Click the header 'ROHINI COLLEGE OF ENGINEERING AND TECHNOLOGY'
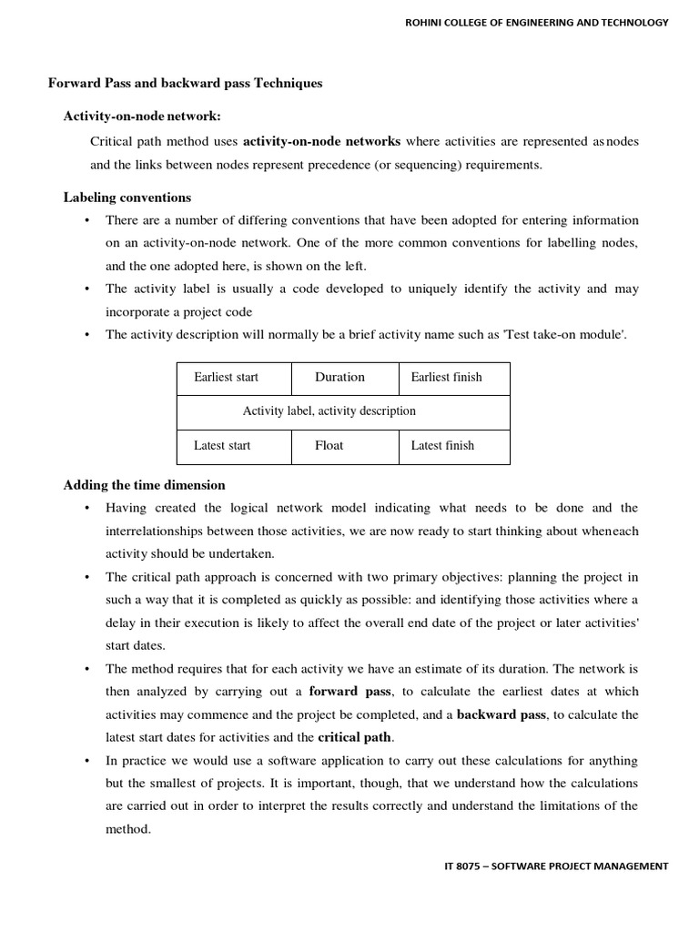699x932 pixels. [x=537, y=22]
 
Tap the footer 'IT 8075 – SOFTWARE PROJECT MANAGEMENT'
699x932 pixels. [x=551, y=866]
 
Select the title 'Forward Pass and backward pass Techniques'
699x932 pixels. [x=185, y=84]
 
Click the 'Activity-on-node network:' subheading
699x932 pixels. [x=141, y=116]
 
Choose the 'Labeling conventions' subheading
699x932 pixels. [x=127, y=198]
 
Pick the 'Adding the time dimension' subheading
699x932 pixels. [x=144, y=485]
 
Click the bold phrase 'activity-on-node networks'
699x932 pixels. [x=321, y=141]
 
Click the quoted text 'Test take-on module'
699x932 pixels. [x=571, y=334]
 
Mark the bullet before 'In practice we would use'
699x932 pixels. [x=86, y=761]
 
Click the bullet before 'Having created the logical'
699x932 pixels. [x=86, y=508]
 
